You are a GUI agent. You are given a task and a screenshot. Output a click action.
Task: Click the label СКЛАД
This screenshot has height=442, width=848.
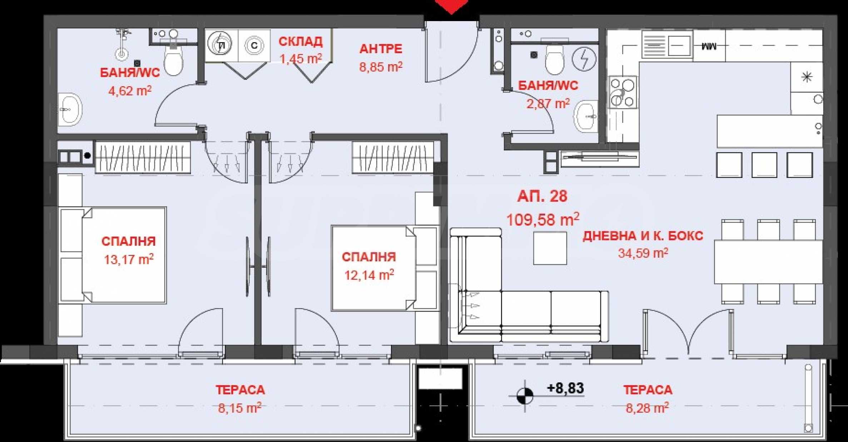coord(301,42)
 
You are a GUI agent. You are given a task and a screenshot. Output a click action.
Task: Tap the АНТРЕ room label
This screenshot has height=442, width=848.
coord(381,49)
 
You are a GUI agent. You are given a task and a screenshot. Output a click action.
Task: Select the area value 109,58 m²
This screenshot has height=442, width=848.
coord(543,219)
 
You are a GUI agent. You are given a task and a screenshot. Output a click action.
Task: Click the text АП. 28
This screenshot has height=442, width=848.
coord(542,196)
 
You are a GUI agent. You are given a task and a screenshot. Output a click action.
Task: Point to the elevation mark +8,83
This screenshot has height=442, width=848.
coord(565,388)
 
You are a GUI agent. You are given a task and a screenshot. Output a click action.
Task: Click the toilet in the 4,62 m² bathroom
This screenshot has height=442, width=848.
coord(173,57)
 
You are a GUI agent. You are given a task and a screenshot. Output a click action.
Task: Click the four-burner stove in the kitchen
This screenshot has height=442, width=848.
coord(623,92)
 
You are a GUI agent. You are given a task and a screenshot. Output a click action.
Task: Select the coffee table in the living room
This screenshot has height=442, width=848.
coord(550,248)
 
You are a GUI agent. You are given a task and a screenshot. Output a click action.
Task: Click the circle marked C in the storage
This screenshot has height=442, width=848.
coord(254,45)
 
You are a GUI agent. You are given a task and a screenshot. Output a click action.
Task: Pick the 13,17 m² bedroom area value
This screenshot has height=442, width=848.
coord(129,259)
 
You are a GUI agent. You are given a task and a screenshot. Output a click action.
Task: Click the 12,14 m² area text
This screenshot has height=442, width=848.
coord(369,275)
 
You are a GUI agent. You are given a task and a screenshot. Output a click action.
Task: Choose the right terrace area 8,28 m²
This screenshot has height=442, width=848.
coord(647,408)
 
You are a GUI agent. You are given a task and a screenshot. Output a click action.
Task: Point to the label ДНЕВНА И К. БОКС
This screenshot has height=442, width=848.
coord(643,236)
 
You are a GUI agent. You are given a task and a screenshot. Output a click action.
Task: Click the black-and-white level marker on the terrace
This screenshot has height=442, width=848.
coord(525,396)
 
